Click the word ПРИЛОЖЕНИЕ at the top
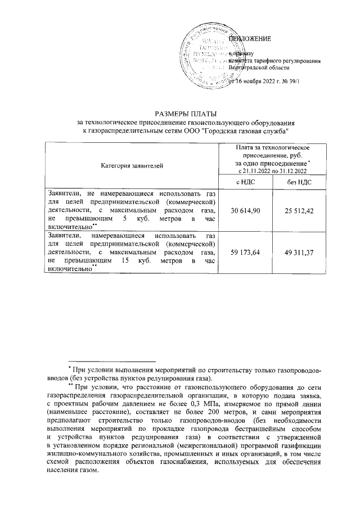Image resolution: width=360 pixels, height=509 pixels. coord(249,39)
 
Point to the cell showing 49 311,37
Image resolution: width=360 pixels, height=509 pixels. coord(295,253)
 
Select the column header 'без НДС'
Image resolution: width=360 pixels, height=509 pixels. coord(295,182)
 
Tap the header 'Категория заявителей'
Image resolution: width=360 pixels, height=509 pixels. coord(132,165)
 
